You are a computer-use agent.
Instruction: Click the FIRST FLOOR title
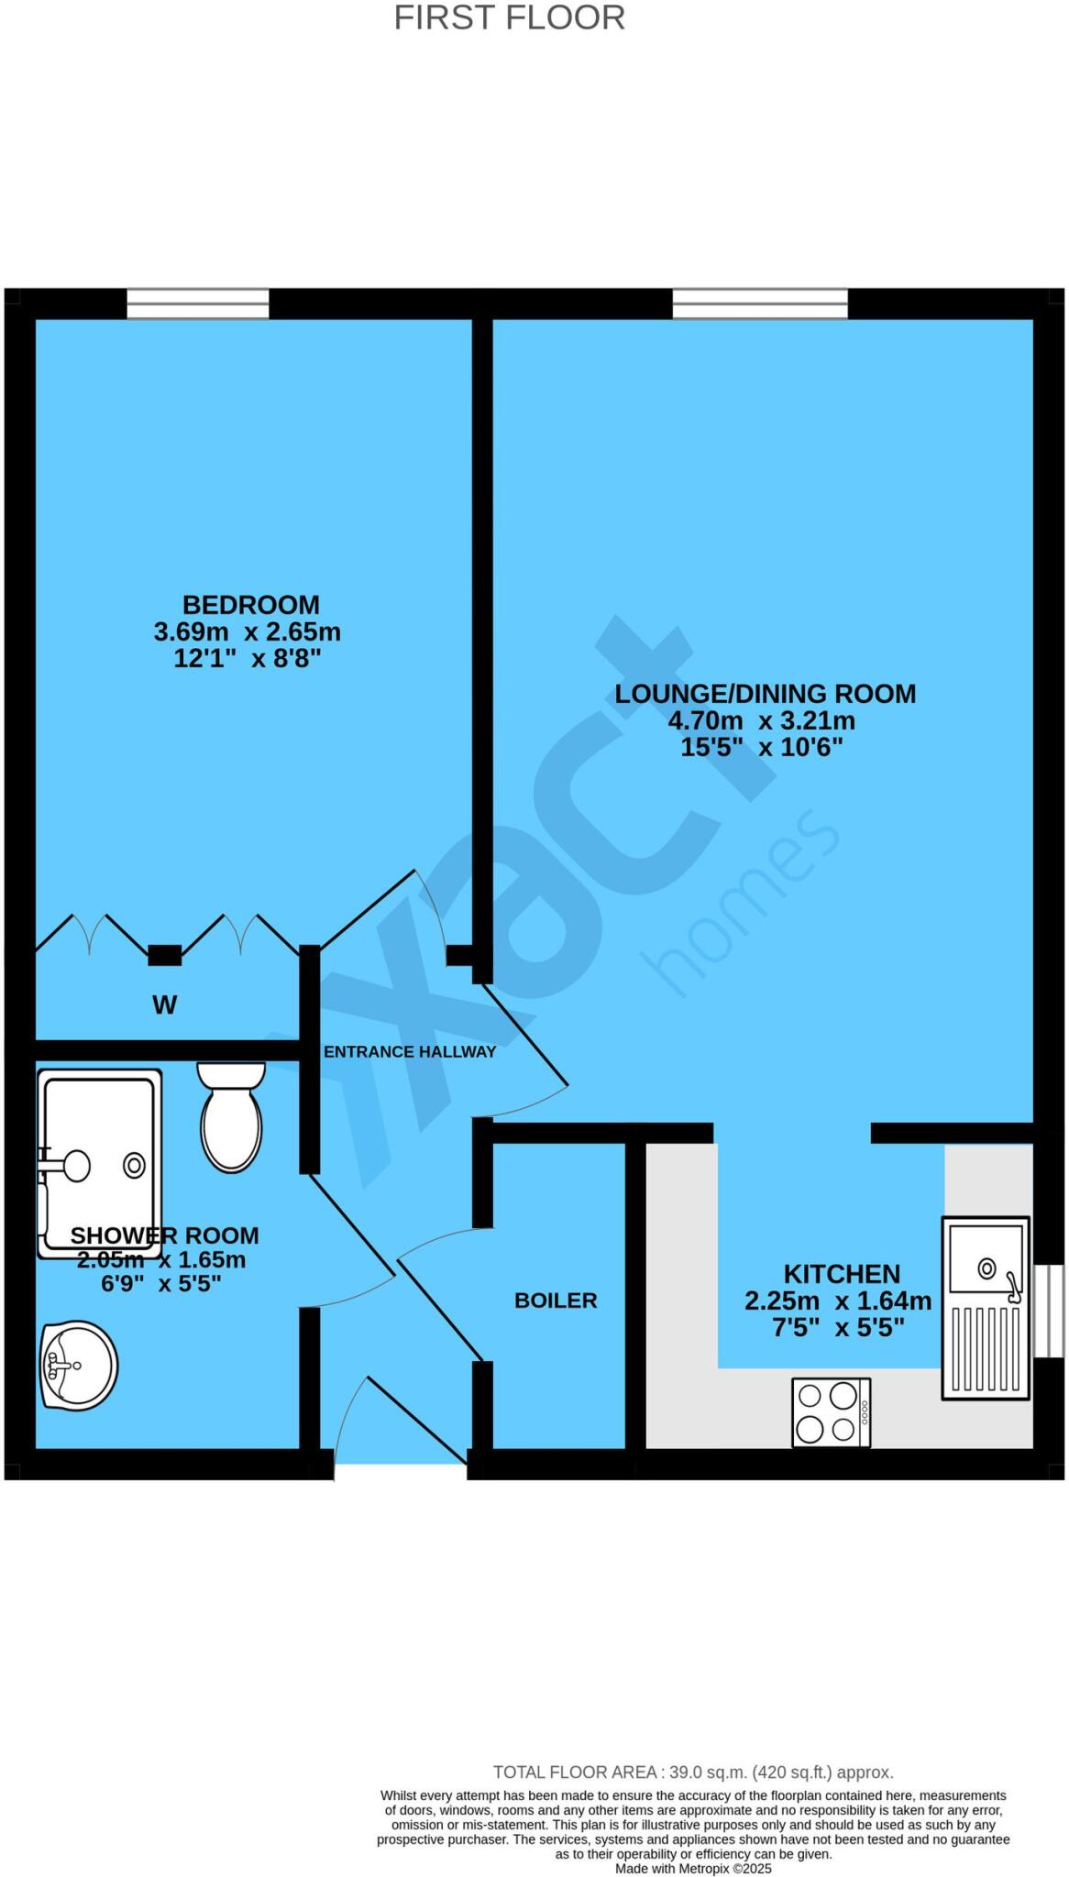pyautogui.click(x=509, y=18)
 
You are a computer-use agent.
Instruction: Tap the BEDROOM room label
pyautogui.click(x=250, y=605)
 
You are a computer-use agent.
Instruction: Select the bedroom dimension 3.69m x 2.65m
pyautogui.click(x=247, y=631)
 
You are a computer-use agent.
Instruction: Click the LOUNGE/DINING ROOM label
pyautogui.click(x=765, y=694)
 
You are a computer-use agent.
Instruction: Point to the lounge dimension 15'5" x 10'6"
pyautogui.click(x=761, y=747)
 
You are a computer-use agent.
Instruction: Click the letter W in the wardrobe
pyautogui.click(x=164, y=1005)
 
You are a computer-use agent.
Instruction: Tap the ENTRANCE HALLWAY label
pyautogui.click(x=409, y=1052)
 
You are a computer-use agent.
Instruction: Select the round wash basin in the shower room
pyautogui.click(x=79, y=1365)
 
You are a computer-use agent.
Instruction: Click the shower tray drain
pyautogui.click(x=135, y=1166)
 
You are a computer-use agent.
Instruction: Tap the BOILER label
pyautogui.click(x=556, y=1301)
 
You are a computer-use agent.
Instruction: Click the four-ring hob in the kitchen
pyautogui.click(x=831, y=1412)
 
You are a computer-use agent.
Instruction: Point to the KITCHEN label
pyautogui.click(x=842, y=1274)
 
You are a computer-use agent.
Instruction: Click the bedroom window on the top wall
pyautogui.click(x=198, y=303)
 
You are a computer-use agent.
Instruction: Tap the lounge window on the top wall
pyautogui.click(x=760, y=303)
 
